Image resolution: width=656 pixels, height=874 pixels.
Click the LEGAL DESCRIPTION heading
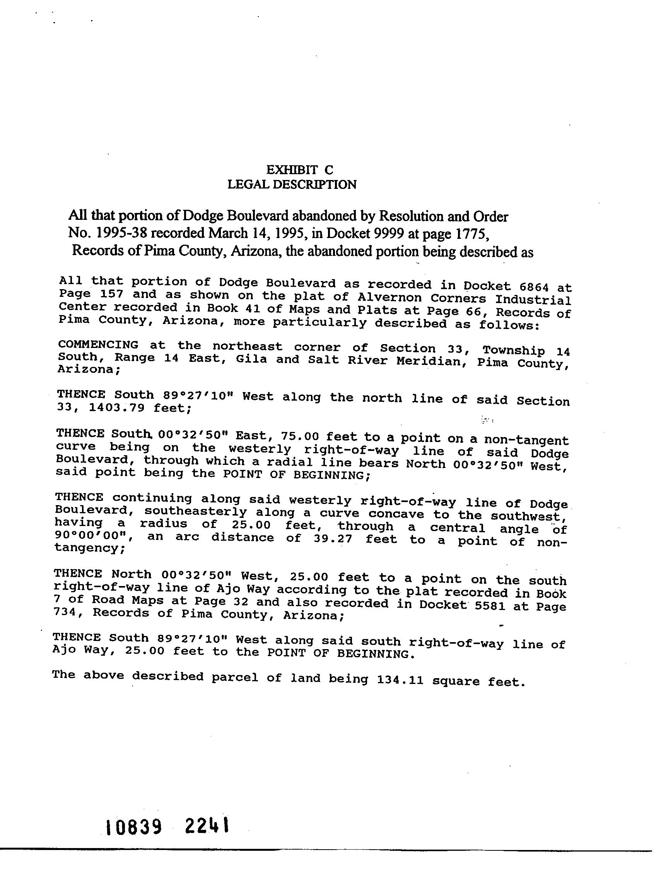pos(292,185)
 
